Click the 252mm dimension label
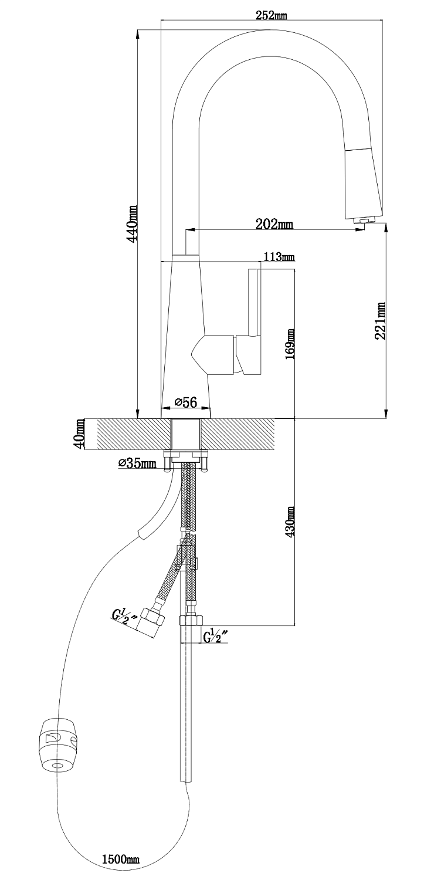click(271, 15)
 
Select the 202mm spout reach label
click(274, 224)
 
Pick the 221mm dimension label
click(379, 320)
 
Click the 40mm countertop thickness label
click(80, 435)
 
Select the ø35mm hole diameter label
click(137, 463)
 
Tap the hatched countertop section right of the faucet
click(237, 434)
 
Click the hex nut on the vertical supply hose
click(192, 621)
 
